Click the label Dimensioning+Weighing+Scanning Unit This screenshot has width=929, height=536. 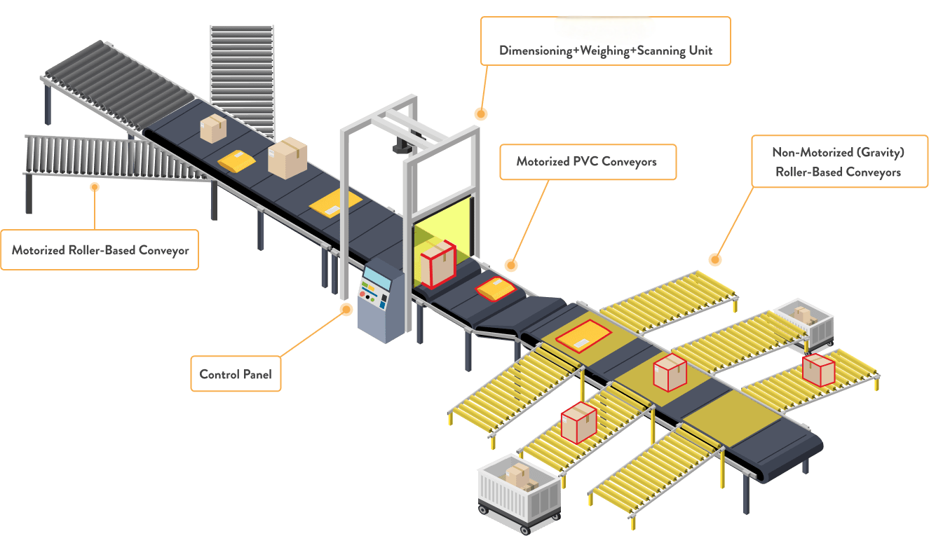pyautogui.click(x=605, y=50)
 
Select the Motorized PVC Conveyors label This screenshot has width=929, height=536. pyautogui.click(x=586, y=162)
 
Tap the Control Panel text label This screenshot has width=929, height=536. pyautogui.click(x=235, y=373)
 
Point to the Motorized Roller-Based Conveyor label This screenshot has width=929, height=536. pyautogui.click(x=100, y=250)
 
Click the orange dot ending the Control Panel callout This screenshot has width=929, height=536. pyautogui.click(x=345, y=309)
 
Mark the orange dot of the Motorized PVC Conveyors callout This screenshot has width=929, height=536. pyautogui.click(x=511, y=266)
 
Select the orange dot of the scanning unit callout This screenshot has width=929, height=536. pyautogui.click(x=480, y=114)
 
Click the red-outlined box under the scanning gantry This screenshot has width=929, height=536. pyautogui.click(x=438, y=263)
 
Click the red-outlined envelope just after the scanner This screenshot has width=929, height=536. pyautogui.click(x=496, y=288)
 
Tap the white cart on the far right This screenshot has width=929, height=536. pyautogui.click(x=807, y=322)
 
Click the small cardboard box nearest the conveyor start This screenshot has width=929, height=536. pyautogui.click(x=213, y=129)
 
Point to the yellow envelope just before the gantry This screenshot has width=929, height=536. pyautogui.click(x=336, y=203)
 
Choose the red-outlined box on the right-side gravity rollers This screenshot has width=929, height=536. pyautogui.click(x=818, y=370)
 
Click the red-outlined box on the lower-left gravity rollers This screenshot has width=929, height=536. pyautogui.click(x=578, y=422)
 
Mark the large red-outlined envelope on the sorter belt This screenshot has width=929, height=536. pyautogui.click(x=583, y=336)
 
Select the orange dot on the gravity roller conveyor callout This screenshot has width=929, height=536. pyautogui.click(x=714, y=260)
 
